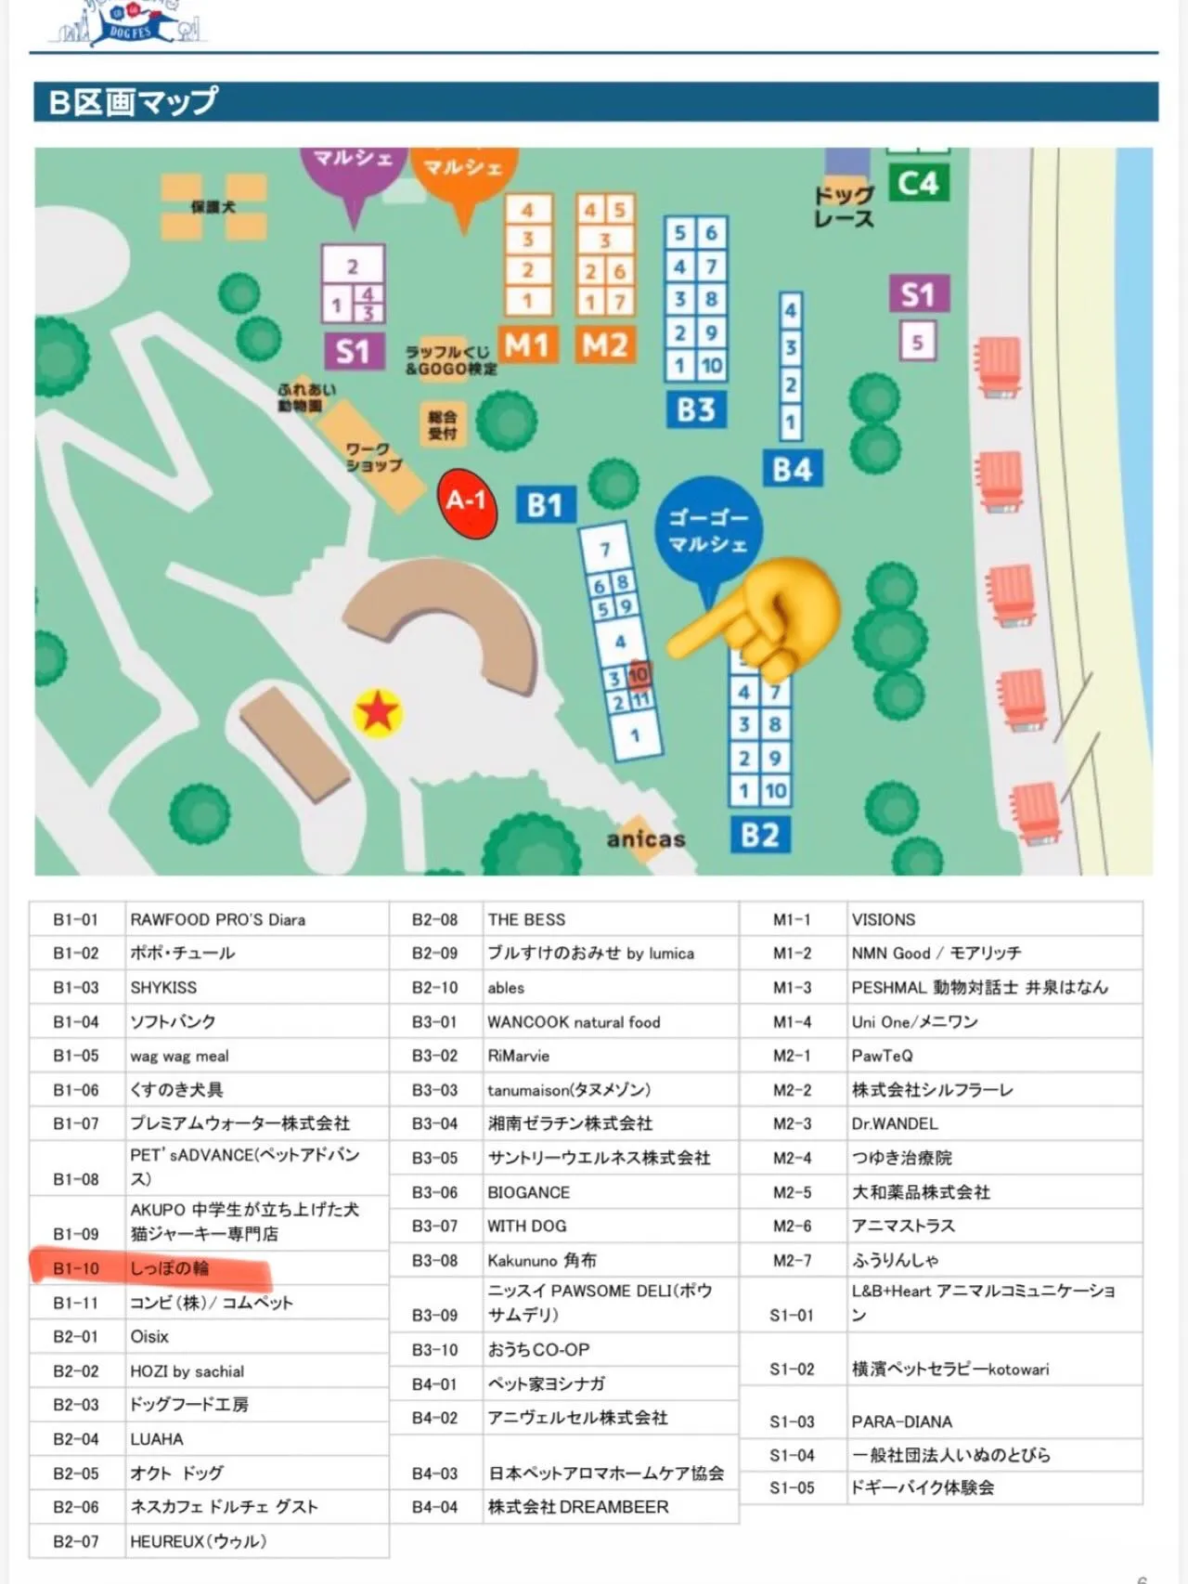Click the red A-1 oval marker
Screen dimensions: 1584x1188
click(466, 502)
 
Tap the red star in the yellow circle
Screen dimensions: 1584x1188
click(378, 713)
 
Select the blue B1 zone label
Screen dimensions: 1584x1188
click(545, 505)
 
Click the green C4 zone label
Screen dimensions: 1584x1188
click(918, 183)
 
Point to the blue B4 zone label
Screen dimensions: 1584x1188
click(792, 470)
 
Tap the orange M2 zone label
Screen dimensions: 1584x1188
click(605, 345)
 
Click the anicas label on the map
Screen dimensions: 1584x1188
click(646, 839)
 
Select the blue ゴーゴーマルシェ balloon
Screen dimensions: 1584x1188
click(708, 531)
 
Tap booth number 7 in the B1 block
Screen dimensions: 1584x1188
click(605, 549)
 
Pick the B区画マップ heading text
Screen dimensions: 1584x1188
click(135, 101)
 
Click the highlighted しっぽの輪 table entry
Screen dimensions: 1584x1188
click(169, 1268)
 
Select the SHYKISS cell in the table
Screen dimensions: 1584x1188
click(163, 987)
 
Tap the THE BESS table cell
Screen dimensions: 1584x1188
click(526, 919)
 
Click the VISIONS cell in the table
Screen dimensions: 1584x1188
click(884, 919)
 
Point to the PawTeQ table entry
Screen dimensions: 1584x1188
click(883, 1056)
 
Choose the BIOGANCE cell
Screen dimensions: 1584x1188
click(529, 1192)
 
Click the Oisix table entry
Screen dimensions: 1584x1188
click(149, 1336)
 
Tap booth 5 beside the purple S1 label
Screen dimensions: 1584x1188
click(917, 342)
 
